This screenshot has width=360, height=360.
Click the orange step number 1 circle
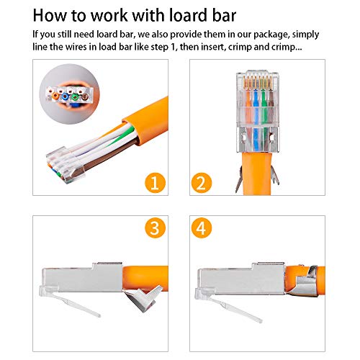coord(155,183)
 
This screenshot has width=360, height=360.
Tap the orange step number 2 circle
coord(202,183)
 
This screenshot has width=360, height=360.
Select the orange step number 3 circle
coord(155,228)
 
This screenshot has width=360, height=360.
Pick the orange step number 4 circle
coord(202,228)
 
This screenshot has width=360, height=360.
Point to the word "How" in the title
coord(50,16)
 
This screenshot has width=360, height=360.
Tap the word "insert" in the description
coord(212,47)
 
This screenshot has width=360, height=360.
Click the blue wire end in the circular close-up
coord(65,96)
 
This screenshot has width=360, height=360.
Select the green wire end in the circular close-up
coord(75,97)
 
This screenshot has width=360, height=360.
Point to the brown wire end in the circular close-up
coord(85,97)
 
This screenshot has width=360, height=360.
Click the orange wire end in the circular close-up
coord(55,96)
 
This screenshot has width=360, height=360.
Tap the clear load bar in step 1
coord(66,165)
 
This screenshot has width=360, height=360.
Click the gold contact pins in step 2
coord(258,83)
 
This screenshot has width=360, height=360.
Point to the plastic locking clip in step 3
coord(70,301)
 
